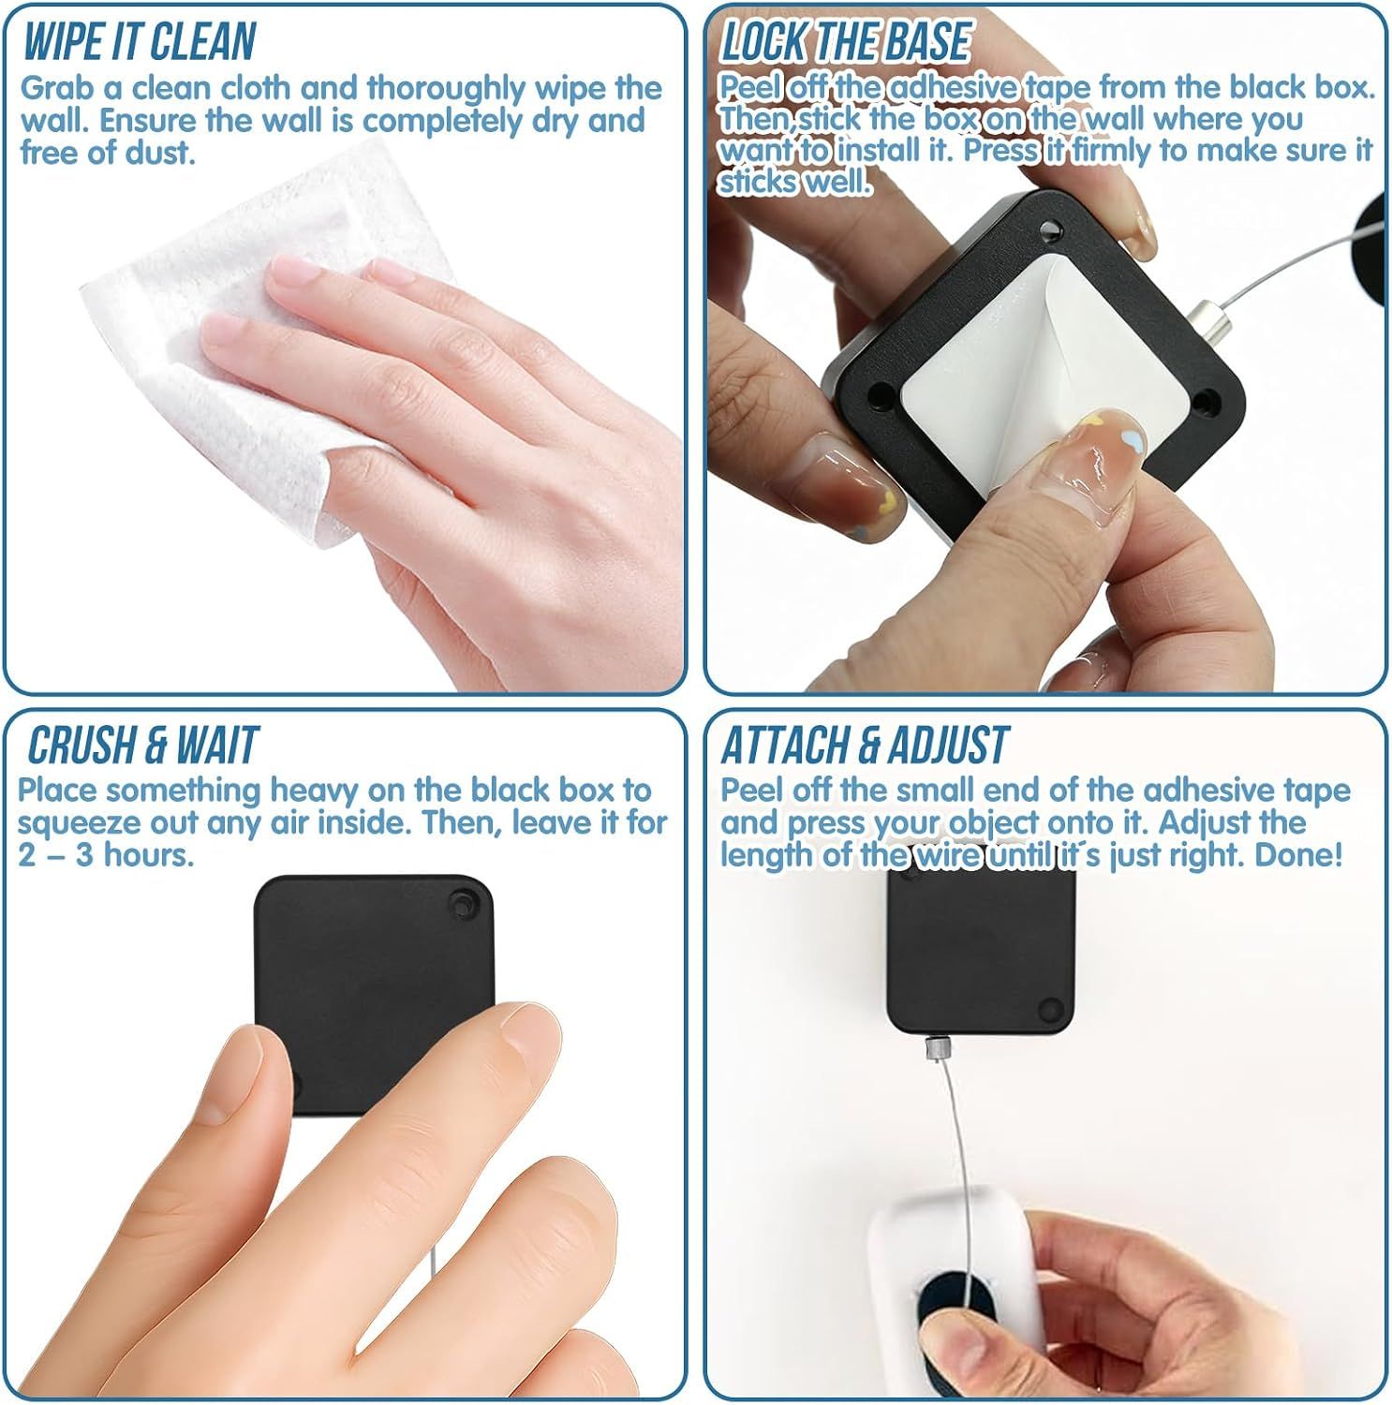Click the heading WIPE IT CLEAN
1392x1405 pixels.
(139, 42)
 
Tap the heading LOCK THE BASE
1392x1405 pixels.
(846, 42)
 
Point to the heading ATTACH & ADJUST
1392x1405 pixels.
(865, 745)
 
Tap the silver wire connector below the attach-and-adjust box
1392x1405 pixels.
(934, 1048)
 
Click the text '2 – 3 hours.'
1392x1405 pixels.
(106, 855)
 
